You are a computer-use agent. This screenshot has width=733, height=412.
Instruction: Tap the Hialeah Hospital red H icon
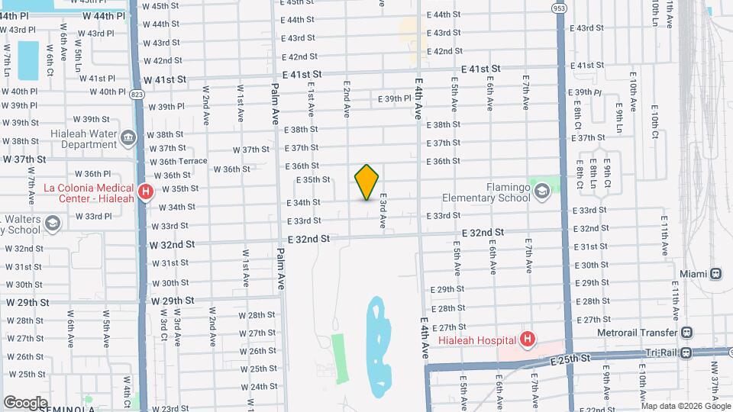(x=526, y=339)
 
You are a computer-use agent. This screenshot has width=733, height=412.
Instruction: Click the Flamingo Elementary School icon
(x=541, y=191)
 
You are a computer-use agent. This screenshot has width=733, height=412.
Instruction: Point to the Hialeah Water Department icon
(x=128, y=137)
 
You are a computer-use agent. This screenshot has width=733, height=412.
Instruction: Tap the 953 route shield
(x=560, y=8)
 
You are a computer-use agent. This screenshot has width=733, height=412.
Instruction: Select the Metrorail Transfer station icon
(x=687, y=332)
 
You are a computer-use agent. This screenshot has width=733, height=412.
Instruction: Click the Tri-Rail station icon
(x=687, y=352)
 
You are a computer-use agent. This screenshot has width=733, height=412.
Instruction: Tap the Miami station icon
(x=716, y=273)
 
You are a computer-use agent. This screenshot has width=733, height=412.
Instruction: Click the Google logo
(x=25, y=402)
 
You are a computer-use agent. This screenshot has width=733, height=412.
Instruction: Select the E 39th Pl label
(x=395, y=99)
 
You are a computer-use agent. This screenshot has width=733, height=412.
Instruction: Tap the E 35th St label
(x=312, y=180)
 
